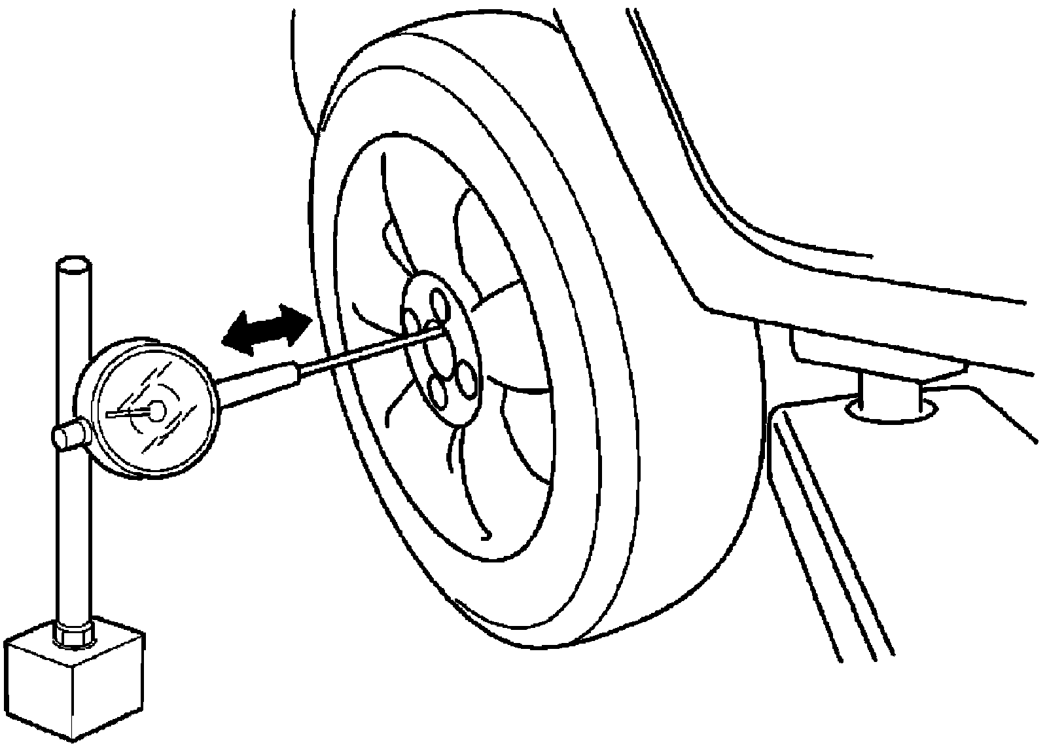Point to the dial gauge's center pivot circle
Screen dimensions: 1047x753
click(157, 410)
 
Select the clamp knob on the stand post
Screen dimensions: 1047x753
click(67, 435)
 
